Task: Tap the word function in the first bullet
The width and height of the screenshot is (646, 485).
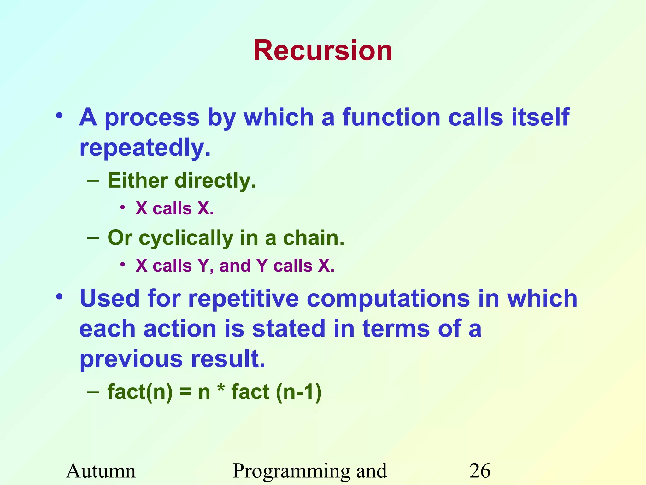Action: pyautogui.click(x=391, y=117)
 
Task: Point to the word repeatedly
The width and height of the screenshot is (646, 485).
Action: pyautogui.click(x=144, y=148)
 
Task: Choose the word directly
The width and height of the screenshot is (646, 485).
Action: pyautogui.click(x=215, y=181)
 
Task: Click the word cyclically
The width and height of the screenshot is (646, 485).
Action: pyautogui.click(x=186, y=238)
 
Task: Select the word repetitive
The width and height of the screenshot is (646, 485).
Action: pyautogui.click(x=243, y=298)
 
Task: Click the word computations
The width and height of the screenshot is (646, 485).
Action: pyautogui.click(x=388, y=299)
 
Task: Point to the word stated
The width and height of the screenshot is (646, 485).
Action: pyautogui.click(x=289, y=328)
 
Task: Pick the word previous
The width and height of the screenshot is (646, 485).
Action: pyautogui.click(x=131, y=359)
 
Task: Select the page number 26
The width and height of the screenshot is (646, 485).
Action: pyautogui.click(x=480, y=471)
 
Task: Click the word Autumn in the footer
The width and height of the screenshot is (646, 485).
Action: pyautogui.click(x=101, y=471)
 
